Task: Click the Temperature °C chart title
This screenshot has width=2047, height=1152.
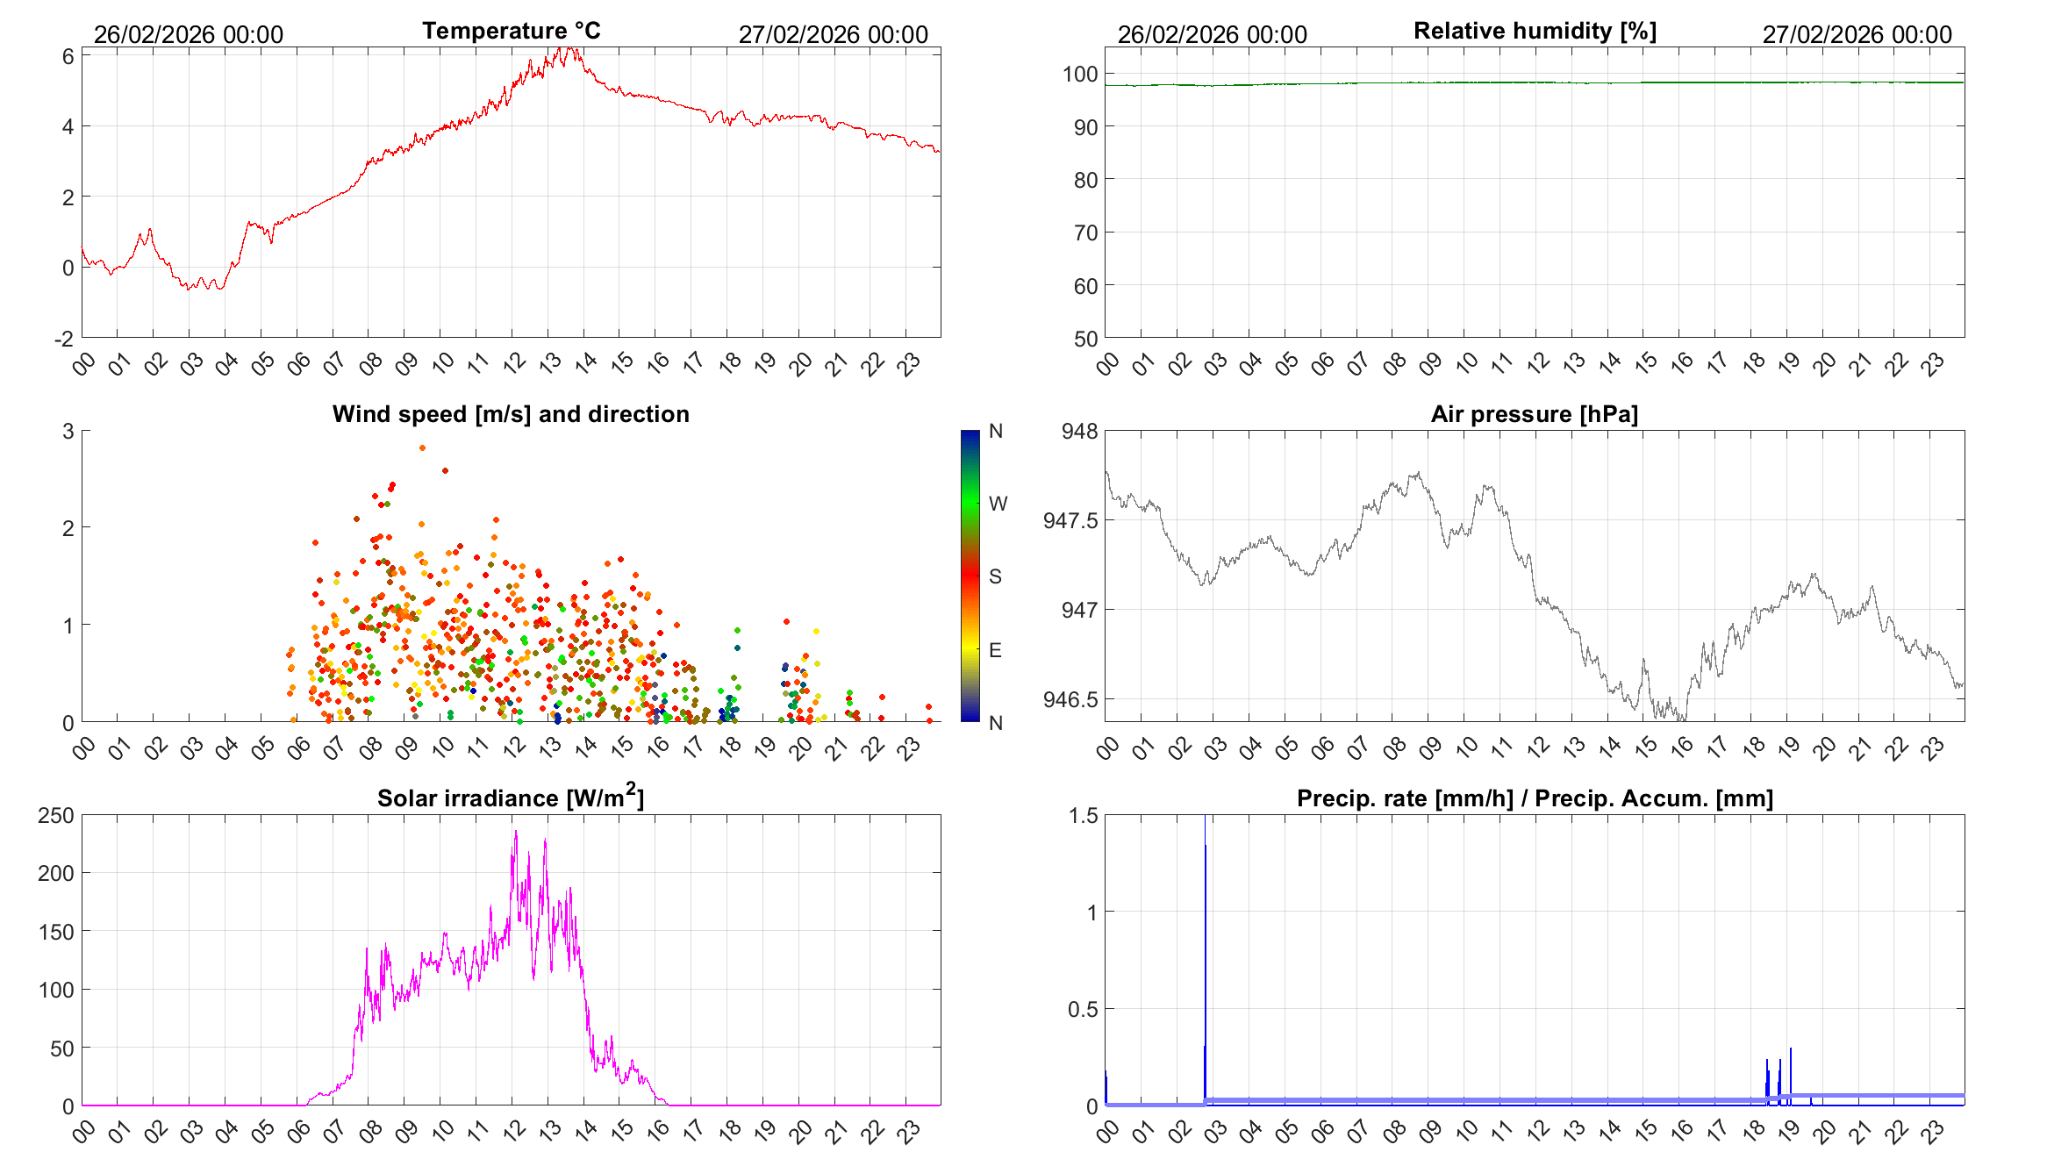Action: (x=511, y=31)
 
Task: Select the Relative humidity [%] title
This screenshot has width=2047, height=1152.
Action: (x=1535, y=31)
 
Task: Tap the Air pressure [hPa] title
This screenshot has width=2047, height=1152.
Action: (x=1534, y=414)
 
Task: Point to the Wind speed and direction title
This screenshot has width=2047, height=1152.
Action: (x=511, y=414)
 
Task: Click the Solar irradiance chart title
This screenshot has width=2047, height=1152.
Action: (x=511, y=798)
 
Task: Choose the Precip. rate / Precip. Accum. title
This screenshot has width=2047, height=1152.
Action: (x=1535, y=798)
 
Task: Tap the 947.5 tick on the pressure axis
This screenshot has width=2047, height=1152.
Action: (x=1070, y=521)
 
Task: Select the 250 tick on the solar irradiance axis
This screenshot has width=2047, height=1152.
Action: (x=56, y=815)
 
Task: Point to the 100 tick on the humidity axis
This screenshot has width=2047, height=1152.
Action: (x=1080, y=75)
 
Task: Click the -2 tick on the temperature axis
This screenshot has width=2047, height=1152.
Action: (x=64, y=340)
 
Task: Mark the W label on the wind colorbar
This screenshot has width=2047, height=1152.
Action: (x=998, y=504)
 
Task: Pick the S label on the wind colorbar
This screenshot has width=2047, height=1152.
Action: (x=995, y=576)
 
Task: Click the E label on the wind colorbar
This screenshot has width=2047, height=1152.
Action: (x=995, y=650)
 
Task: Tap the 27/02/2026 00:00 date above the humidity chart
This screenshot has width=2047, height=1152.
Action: (x=1857, y=34)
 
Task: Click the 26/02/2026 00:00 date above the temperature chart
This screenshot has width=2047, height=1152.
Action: (x=189, y=34)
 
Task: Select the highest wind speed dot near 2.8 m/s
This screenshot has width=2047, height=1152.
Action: (x=422, y=448)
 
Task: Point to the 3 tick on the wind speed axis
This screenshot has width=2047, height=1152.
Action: (x=68, y=431)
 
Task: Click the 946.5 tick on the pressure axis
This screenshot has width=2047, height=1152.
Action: (x=1070, y=700)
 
